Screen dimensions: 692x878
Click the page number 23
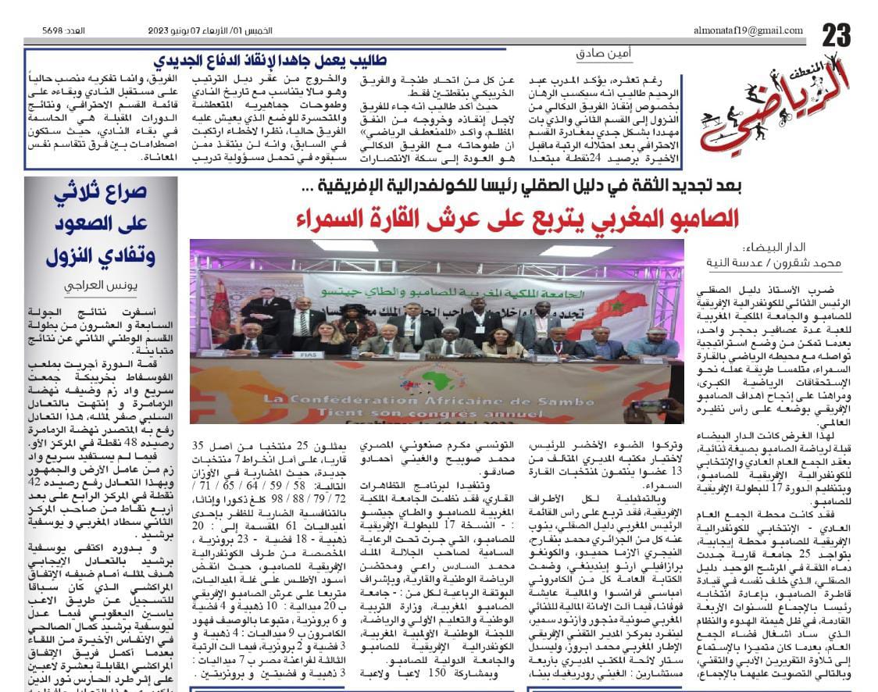click(x=835, y=34)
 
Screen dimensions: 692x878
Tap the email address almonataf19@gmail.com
click(x=748, y=30)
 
